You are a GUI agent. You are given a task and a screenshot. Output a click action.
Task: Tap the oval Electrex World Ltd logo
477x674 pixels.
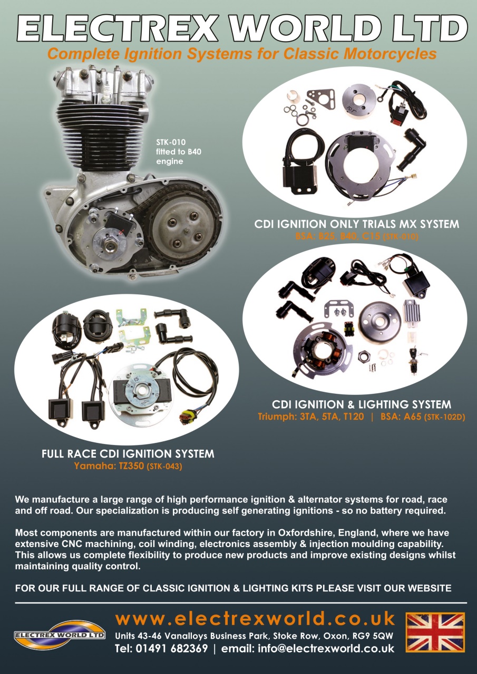point(60,635)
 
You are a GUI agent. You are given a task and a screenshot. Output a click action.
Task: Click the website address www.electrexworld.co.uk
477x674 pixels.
point(255,618)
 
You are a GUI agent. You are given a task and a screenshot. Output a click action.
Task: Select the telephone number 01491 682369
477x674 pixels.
point(172,648)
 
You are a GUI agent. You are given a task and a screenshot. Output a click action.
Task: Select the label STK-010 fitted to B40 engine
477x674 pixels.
point(178,152)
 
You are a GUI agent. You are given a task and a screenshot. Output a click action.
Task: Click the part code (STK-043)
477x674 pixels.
point(164,467)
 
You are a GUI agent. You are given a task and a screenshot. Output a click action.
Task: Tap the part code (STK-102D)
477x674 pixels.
point(444,418)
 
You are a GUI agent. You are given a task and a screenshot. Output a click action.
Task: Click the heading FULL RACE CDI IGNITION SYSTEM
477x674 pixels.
point(128,454)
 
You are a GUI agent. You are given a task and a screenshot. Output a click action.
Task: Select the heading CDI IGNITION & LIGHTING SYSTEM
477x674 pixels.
point(362,404)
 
